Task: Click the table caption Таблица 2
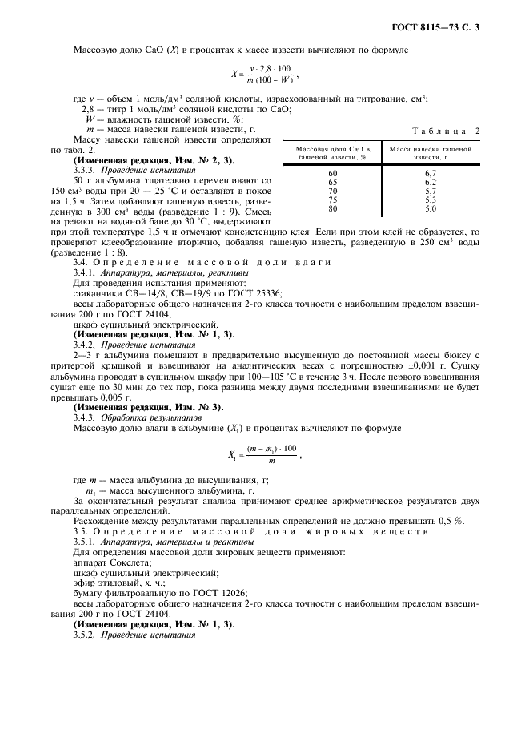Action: pos(446,131)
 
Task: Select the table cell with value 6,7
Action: pos(430,173)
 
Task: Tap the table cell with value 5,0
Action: pos(430,208)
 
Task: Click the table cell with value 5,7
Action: pos(430,191)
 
